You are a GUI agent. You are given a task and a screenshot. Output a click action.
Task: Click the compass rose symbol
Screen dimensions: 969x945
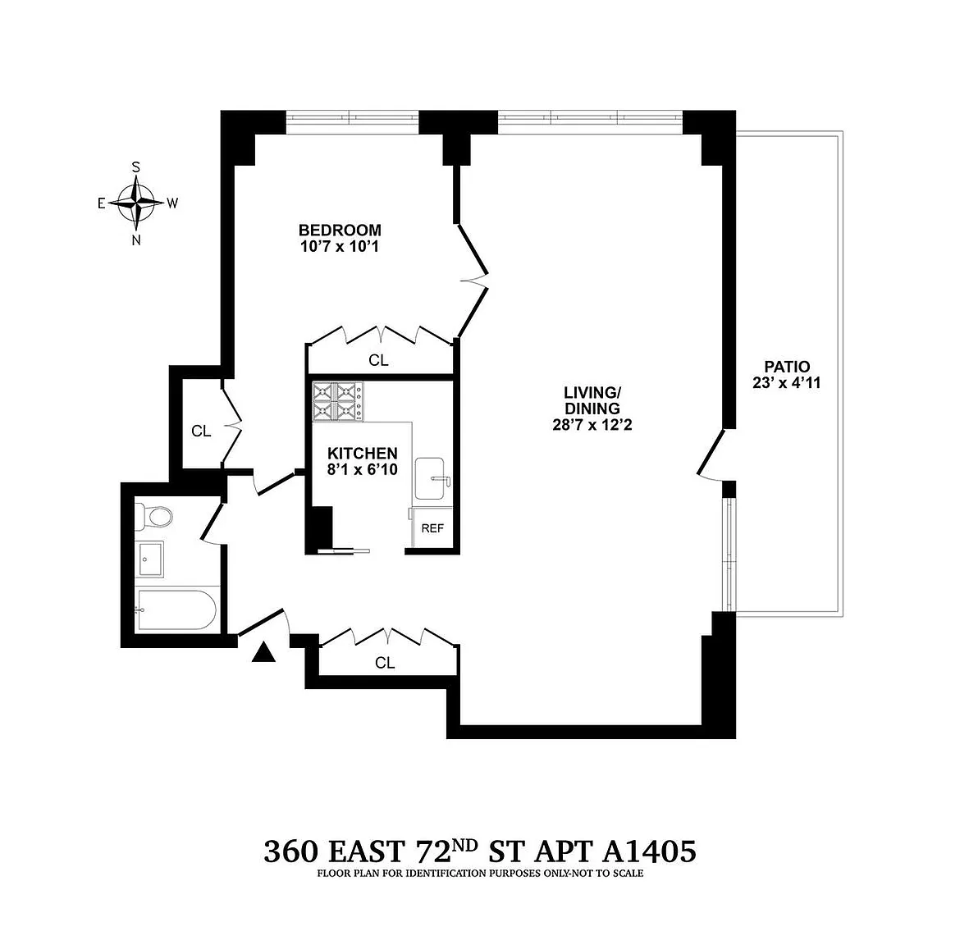[136, 203]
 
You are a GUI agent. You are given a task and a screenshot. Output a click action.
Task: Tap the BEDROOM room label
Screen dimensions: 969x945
[340, 230]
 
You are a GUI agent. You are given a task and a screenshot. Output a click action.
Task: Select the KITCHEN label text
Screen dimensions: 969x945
[362, 453]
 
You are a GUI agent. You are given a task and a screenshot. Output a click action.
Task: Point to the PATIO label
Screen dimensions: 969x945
[787, 367]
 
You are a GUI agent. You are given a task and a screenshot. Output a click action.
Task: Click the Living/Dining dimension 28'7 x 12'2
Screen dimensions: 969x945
[592, 425]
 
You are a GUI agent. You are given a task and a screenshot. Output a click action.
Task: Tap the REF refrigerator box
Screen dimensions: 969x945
[432, 527]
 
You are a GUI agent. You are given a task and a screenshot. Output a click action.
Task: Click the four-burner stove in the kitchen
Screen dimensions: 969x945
[338, 402]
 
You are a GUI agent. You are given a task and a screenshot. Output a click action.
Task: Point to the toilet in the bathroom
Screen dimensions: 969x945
[153, 517]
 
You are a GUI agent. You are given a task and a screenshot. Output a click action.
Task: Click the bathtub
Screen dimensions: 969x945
[176, 610]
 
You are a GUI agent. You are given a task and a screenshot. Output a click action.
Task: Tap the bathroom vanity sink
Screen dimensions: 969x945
[149, 559]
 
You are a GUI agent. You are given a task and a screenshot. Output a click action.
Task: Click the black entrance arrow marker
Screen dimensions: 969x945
[263, 652]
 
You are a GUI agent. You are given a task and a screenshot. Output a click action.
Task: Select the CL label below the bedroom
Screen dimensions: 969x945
[378, 360]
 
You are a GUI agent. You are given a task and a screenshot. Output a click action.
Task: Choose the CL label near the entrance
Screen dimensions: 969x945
[384, 663]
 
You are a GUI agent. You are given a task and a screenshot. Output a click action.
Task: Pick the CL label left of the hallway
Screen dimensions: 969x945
[201, 431]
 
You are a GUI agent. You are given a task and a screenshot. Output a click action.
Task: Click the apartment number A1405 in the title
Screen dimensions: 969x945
[649, 851]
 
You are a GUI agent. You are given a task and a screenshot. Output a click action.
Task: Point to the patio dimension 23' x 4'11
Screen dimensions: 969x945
[787, 382]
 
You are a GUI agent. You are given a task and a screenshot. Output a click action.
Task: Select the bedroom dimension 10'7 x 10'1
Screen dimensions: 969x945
[340, 247]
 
